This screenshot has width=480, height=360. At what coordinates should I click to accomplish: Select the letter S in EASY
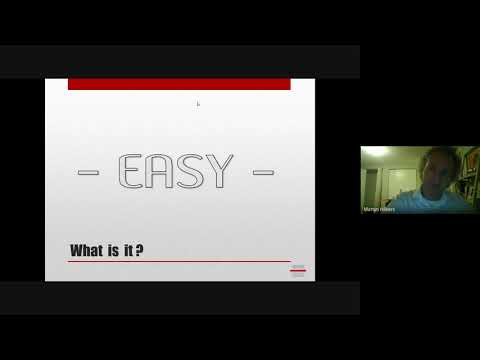[x=191, y=172]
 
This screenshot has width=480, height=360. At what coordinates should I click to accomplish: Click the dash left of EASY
[x=88, y=173]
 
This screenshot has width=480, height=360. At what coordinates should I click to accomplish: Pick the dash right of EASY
[x=263, y=173]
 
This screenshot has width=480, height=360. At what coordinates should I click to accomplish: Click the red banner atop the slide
[x=179, y=84]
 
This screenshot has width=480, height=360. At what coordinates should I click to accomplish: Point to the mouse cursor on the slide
[x=198, y=103]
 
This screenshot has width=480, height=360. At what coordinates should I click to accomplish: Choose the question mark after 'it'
[x=139, y=249]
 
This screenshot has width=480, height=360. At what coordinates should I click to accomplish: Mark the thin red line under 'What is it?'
[x=179, y=261]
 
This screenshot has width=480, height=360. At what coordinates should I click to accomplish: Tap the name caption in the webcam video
[x=380, y=210]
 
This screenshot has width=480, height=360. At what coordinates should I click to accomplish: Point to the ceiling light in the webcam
[x=374, y=152]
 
